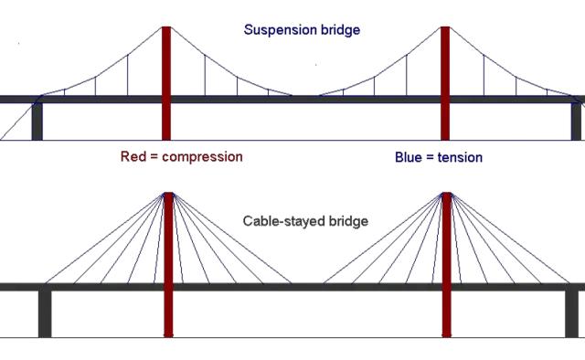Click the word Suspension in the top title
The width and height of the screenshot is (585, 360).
275,30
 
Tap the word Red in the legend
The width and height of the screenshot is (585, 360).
133,156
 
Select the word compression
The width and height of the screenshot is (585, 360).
202,157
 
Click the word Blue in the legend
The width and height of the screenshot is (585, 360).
409,157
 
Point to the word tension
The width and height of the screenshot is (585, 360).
460,157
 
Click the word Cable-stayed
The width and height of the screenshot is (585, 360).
284,221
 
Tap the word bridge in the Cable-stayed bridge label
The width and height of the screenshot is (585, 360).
348,221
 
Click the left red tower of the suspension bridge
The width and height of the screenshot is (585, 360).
166,83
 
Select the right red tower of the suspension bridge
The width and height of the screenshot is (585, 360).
445,83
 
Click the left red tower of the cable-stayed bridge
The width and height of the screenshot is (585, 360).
168,265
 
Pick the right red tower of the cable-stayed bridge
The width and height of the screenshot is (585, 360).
447,265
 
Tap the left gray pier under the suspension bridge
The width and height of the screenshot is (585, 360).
37,122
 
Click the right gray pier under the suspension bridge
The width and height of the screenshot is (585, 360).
576,122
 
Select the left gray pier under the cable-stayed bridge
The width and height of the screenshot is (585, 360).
45,313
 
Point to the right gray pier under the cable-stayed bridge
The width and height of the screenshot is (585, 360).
571,313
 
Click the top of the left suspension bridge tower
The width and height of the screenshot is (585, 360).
166,26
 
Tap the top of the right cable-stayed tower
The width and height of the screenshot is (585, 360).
447,193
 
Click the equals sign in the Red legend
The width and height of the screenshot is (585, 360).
154,157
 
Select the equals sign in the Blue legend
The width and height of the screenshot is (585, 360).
431,158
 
